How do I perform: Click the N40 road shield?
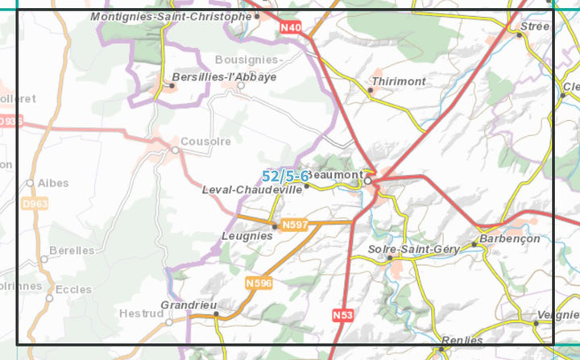pyautogui.click(x=291, y=28)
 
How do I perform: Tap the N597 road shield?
pyautogui.click(x=295, y=224)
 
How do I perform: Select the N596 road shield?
pyautogui.click(x=259, y=283)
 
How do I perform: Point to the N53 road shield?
pyautogui.click(x=342, y=315)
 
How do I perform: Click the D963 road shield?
pyautogui.click(x=35, y=205)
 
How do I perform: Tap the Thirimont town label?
pyautogui.click(x=398, y=81)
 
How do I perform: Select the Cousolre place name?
pyautogui.click(x=205, y=141)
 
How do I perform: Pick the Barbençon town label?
pyautogui.click(x=509, y=239)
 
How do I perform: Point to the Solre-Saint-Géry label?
pyautogui.click(x=412, y=250)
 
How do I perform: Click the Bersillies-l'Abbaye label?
pyautogui.click(x=224, y=77)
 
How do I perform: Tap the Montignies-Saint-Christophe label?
pyautogui.click(x=171, y=16)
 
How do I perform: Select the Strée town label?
pyautogui.click(x=536, y=27)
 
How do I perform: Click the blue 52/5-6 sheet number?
pyautogui.click(x=285, y=176)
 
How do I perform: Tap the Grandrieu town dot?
pyautogui.click(x=216, y=314)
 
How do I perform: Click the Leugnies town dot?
pyautogui.click(x=275, y=226)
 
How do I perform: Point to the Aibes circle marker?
pyautogui.click(x=31, y=183)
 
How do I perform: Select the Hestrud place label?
pyautogui.click(x=140, y=313)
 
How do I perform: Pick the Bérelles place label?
pyautogui.click(x=72, y=250)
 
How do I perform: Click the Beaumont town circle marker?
pyautogui.click(x=368, y=181)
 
